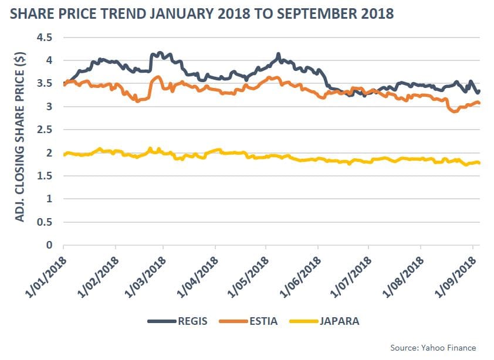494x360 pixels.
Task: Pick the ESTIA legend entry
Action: point(260,321)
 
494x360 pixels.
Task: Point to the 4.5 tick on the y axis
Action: point(45,38)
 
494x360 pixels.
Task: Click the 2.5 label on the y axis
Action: point(45,130)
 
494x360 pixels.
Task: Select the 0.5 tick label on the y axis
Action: point(45,222)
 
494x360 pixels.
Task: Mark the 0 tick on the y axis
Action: point(49,245)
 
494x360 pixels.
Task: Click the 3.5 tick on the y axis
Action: point(45,84)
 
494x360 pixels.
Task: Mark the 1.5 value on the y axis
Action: point(45,176)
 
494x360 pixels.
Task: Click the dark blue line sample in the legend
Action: point(161,321)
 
